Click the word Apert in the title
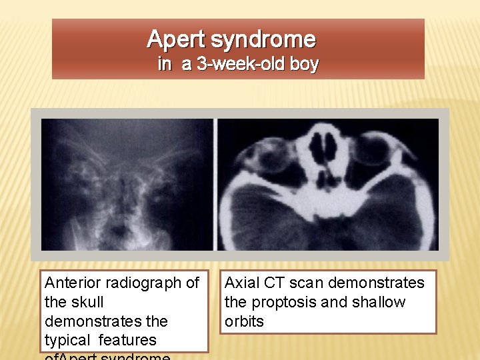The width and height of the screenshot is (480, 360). click(x=176, y=40)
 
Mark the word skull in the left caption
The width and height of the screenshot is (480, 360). click(x=86, y=303)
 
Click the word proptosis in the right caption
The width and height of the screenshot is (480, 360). click(x=283, y=302)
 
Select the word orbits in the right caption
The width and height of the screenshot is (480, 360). click(x=244, y=321)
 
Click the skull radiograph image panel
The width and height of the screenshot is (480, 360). click(x=127, y=185)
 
